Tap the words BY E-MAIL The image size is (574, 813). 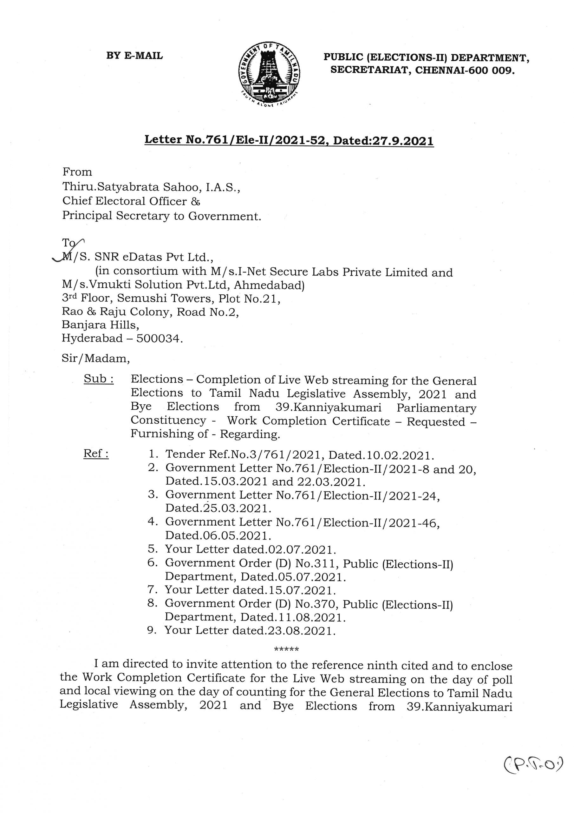(134, 56)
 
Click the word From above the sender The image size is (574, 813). (77, 172)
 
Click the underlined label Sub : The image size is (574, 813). (98, 379)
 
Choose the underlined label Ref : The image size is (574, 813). (96, 454)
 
